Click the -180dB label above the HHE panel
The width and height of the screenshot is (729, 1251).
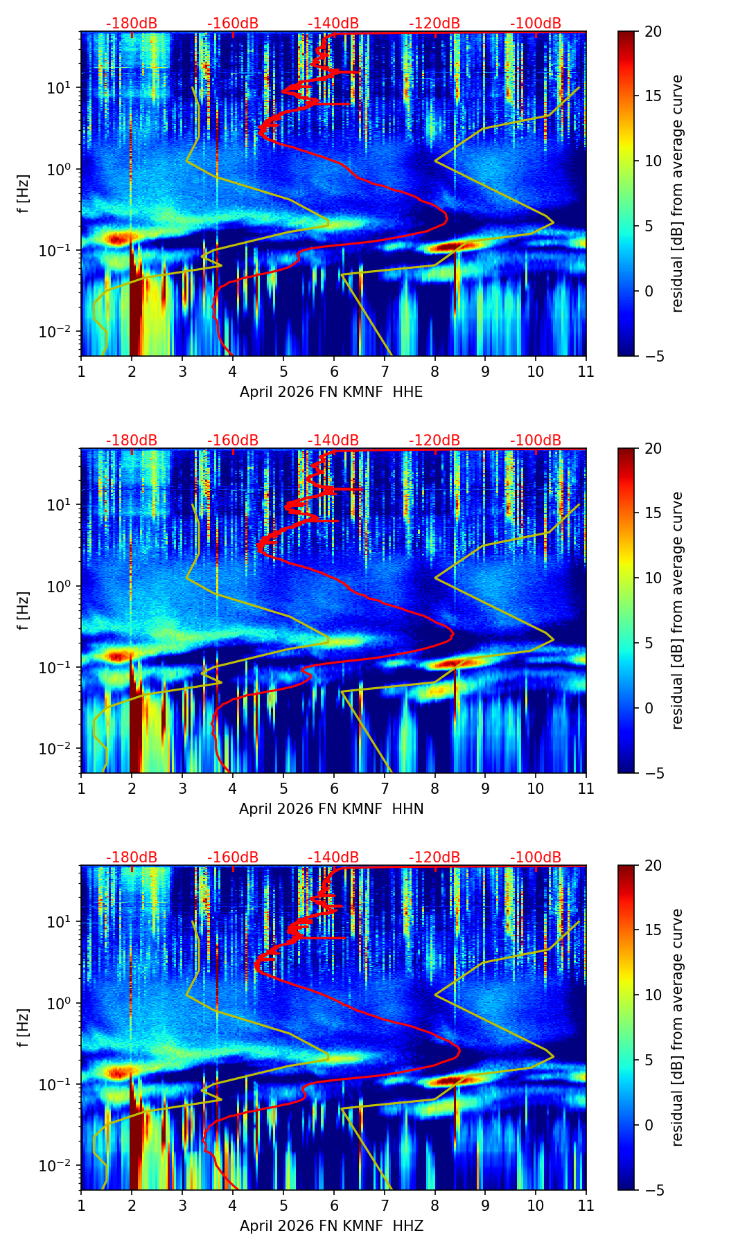coord(132,24)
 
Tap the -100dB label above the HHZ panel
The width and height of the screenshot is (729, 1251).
coord(536,858)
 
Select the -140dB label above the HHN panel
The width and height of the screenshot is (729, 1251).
coord(333,441)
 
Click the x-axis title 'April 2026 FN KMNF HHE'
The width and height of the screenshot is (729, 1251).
coord(331,392)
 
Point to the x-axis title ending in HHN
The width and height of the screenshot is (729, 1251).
coord(331,809)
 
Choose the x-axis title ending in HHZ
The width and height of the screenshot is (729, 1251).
coord(331,1226)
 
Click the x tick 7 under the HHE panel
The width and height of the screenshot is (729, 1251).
coord(384,371)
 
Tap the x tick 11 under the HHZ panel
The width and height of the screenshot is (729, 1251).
coord(586,1205)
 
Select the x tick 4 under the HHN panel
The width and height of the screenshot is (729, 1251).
coord(233,788)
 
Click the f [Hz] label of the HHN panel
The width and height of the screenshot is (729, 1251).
coord(24,610)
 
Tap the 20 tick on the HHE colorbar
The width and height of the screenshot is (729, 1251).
coord(653,31)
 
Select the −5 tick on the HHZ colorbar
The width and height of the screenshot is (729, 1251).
coord(653,1190)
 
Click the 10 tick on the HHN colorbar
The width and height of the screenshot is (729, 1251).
coord(653,578)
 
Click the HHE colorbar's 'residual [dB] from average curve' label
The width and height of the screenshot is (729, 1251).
coord(677,193)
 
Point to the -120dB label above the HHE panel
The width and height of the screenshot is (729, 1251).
coord(434,24)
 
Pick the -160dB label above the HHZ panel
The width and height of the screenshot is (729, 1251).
coord(233,858)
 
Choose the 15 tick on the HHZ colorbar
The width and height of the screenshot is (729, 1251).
coord(653,930)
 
